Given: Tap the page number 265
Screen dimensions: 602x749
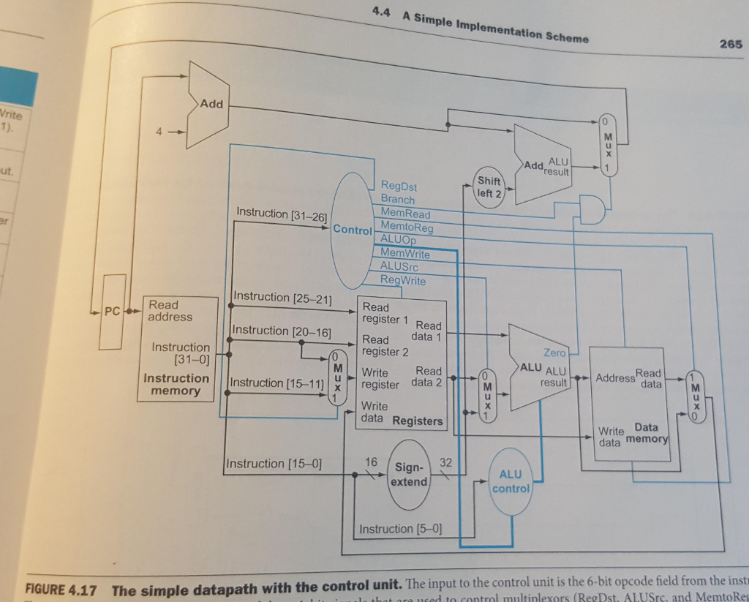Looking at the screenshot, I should click(x=730, y=44).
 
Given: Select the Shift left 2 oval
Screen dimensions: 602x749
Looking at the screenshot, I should click(x=489, y=187).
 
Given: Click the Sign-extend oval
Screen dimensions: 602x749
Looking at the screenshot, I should click(x=410, y=474).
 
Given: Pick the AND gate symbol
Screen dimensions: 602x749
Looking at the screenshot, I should click(x=590, y=210).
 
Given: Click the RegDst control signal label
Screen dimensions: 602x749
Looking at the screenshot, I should click(x=399, y=187).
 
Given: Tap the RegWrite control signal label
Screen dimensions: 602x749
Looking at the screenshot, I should click(x=402, y=280).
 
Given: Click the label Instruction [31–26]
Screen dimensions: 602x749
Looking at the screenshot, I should click(x=282, y=213).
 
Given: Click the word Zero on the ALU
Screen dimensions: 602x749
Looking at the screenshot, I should click(x=555, y=353).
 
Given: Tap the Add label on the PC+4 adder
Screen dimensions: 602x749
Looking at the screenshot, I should click(x=211, y=103).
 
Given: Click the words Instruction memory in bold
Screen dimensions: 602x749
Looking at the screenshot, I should click(x=176, y=384).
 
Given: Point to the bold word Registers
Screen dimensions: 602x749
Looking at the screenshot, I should click(x=418, y=421).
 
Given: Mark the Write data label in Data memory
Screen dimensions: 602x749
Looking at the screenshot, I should click(x=610, y=437).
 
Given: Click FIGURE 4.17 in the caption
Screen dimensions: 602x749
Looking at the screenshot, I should click(x=61, y=590).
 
